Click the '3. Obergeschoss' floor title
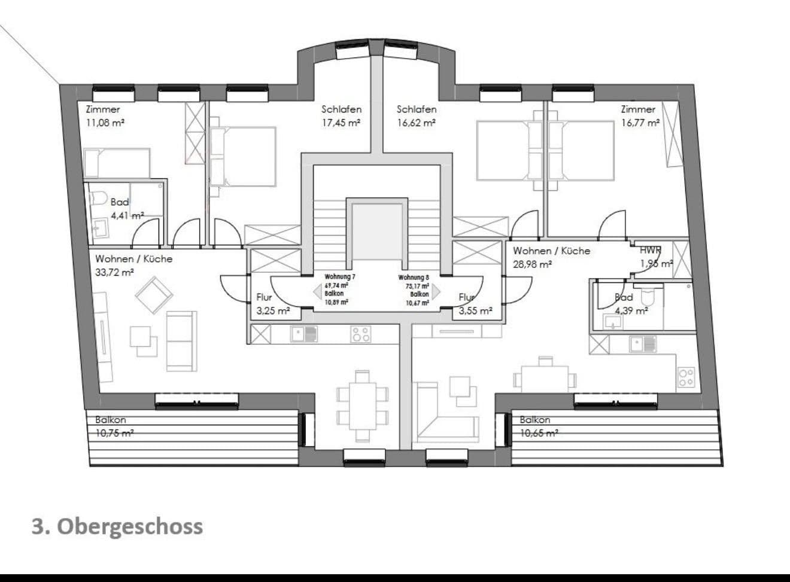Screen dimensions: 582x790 click(x=117, y=526)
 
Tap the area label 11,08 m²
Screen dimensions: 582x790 click(x=105, y=123)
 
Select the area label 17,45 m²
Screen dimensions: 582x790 click(x=341, y=123)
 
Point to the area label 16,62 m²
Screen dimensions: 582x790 click(x=416, y=123)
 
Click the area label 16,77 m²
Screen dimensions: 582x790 click(x=640, y=123)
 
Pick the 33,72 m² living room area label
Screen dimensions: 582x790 click(x=114, y=272)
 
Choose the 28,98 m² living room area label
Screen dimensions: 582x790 click(x=532, y=264)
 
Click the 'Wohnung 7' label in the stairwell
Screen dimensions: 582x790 click(x=340, y=277)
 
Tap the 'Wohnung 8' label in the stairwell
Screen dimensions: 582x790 click(x=414, y=278)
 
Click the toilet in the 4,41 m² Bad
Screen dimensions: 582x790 click(x=99, y=197)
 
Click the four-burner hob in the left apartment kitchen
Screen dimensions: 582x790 click(x=361, y=334)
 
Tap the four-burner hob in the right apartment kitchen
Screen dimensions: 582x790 click(x=686, y=376)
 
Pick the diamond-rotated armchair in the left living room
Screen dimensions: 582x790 click(x=154, y=295)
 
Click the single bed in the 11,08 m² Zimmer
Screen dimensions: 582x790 click(x=116, y=163)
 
